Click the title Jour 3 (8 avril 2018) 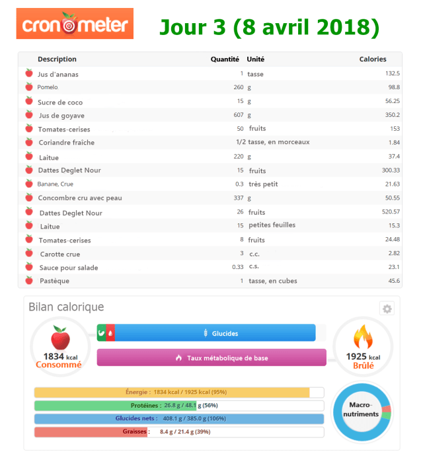(x=269, y=27)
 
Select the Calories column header (x=372, y=59)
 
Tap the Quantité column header (x=225, y=59)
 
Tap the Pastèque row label (x=54, y=281)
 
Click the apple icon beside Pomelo (x=28, y=87)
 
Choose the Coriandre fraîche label (x=66, y=142)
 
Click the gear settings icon (x=387, y=309)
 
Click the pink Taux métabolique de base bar (x=211, y=358)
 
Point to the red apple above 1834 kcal (x=60, y=338)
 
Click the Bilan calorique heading (x=66, y=307)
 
